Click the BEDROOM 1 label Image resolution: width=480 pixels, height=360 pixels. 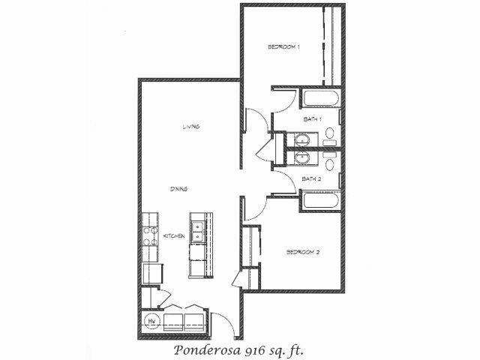click(x=283, y=46)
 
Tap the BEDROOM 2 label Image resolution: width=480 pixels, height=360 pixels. click(x=303, y=252)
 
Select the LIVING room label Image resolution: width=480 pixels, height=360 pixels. click(x=191, y=127)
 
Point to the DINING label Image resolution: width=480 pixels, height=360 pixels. click(x=178, y=189)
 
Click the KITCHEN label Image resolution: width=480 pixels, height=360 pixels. click(x=174, y=236)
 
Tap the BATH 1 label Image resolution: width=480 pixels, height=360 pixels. click(x=312, y=119)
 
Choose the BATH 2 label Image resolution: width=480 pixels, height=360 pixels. click(x=311, y=178)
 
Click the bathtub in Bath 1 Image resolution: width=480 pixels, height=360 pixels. click(x=321, y=98)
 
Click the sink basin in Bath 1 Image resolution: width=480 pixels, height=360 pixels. click(x=302, y=140)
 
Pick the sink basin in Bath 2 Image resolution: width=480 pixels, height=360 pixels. click(x=302, y=157)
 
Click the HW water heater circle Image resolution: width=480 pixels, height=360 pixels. click(x=151, y=321)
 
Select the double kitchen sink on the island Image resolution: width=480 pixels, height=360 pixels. click(x=198, y=232)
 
